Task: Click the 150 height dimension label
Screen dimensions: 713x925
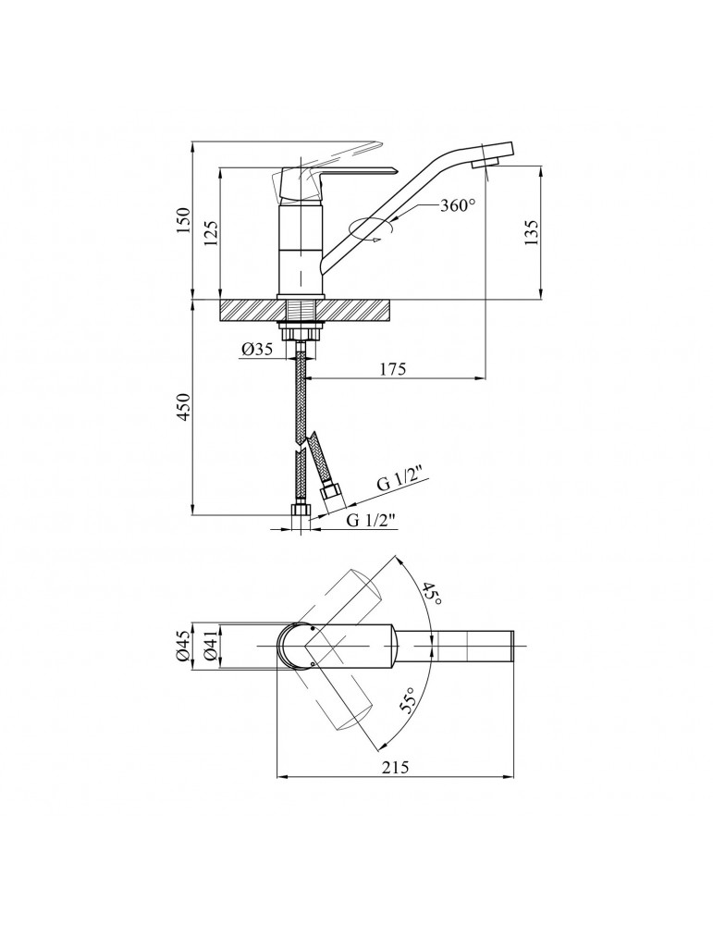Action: click(x=184, y=219)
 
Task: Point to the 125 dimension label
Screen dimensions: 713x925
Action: click(x=212, y=233)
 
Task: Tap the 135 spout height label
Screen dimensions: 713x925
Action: click(x=532, y=232)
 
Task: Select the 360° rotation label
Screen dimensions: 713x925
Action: click(x=458, y=205)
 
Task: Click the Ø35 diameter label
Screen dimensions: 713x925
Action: click(x=256, y=350)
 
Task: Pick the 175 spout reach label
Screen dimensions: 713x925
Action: click(x=393, y=369)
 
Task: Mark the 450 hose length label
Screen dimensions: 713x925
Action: click(x=185, y=406)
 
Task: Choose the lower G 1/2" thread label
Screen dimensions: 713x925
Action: click(x=371, y=520)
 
